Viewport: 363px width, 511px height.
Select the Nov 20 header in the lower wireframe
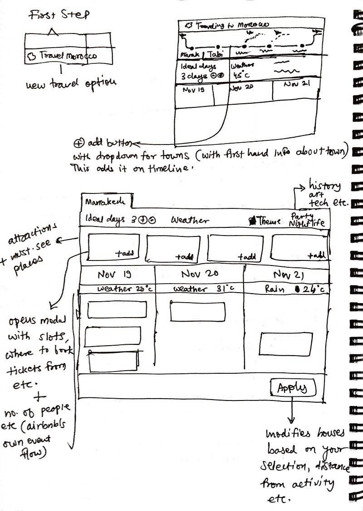tap(200, 274)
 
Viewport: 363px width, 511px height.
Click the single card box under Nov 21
tap(286, 344)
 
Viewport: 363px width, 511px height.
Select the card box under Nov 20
tap(198, 312)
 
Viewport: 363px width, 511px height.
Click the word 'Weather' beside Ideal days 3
tap(190, 221)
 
